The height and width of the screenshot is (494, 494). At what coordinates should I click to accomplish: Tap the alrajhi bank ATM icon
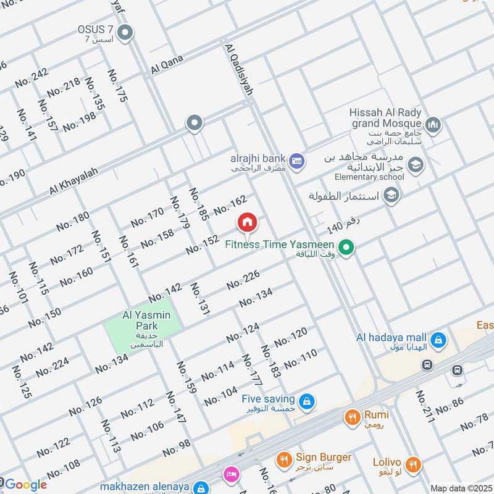click(298, 161)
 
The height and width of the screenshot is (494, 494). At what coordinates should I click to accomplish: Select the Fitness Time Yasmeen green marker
click(347, 248)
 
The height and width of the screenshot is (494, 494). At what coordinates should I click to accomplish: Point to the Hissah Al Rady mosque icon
click(433, 125)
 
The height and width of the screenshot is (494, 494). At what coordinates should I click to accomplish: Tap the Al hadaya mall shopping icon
click(438, 338)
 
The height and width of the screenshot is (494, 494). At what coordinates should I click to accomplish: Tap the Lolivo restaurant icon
click(414, 463)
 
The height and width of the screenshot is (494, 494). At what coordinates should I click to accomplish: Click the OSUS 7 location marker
click(126, 33)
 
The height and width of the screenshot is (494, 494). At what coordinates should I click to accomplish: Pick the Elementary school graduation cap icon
click(416, 164)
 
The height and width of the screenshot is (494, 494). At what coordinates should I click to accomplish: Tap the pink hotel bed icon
click(231, 474)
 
